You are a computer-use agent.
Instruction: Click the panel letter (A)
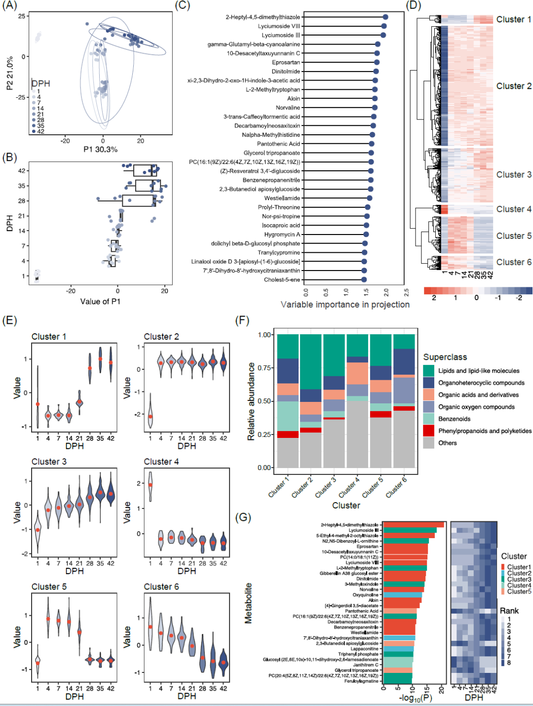point(9,5)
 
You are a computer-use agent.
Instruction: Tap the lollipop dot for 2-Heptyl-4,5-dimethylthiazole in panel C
point(385,17)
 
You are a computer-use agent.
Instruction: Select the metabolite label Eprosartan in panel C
point(286,62)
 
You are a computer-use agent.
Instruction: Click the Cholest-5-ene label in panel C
point(282,279)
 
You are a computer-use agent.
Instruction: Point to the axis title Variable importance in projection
point(345,305)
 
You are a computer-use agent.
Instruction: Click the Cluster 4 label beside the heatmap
point(514,209)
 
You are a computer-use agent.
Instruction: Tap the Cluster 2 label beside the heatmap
point(514,86)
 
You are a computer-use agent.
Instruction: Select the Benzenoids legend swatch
point(429,419)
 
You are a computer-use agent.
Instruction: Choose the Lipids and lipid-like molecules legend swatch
point(429,371)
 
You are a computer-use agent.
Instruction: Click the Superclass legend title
point(445,357)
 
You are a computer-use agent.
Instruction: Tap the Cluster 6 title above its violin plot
point(161,587)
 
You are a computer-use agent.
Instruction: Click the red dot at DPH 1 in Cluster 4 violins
point(151,485)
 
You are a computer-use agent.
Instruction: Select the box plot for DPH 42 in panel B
point(145,171)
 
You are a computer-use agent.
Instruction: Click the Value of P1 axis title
point(100,301)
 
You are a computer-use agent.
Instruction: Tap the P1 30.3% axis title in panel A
point(100,149)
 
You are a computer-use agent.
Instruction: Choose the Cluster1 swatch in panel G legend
point(503,567)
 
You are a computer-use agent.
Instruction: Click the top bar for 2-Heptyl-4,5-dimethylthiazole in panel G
point(413,524)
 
